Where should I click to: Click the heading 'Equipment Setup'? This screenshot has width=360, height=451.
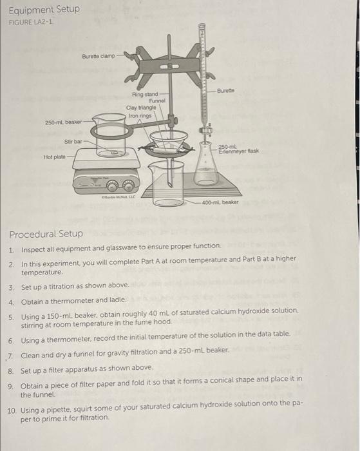(x=44, y=9)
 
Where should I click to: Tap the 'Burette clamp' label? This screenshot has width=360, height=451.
(x=99, y=56)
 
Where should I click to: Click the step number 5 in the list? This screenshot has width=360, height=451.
(x=11, y=310)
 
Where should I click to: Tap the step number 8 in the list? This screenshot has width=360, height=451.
(x=11, y=367)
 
